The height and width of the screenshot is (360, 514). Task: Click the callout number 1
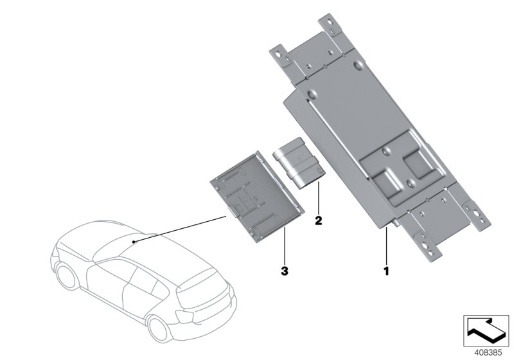tap(386, 271)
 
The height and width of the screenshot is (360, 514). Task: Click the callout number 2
tap(318, 221)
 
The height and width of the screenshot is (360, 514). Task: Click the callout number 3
tap(285, 271)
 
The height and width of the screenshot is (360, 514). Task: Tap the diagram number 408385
tap(488, 353)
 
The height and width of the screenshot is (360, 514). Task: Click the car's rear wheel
tap(159, 328)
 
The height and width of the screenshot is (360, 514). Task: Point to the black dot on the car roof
tap(134, 242)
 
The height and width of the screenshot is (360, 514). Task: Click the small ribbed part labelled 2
tap(299, 163)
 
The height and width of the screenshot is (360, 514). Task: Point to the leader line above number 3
tap(285, 246)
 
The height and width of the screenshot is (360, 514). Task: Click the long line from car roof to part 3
tap(180, 230)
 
